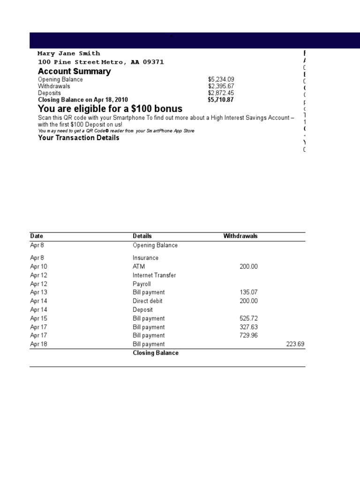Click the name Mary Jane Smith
pos(69,53)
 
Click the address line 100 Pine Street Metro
pos(101,62)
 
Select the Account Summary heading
pos(74,71)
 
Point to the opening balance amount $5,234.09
pos(221,80)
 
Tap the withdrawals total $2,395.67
pos(221,86)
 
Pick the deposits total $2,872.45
pos(221,93)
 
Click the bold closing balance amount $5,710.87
pos(221,100)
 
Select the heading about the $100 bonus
pos(110,109)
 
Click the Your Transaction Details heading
pos(78,138)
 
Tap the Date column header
pos(37,236)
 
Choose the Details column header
pos(142,236)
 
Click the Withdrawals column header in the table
pos(240,236)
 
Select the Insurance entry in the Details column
pos(145,258)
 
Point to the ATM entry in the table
pos(139,267)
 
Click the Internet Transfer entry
pos(154,275)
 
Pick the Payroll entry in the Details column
pos(142,284)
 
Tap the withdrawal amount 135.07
pos(248,292)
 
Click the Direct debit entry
pos(147,301)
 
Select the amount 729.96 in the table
pos(248,336)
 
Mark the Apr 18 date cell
pos(38,344)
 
